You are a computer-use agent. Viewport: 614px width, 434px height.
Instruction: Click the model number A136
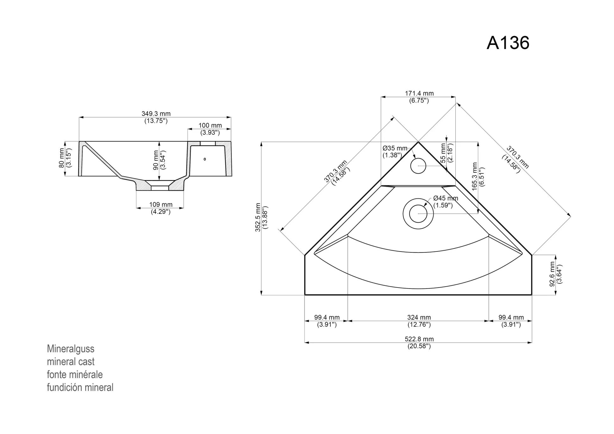point(508,43)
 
